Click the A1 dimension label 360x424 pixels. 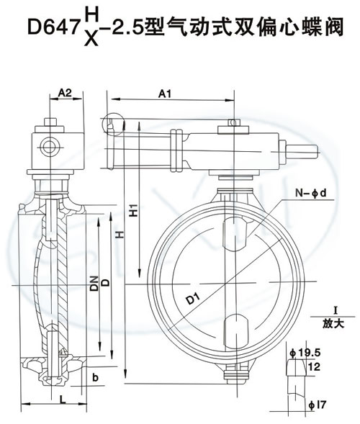[165, 94]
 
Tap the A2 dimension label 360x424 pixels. [65, 93]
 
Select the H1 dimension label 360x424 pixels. [133, 210]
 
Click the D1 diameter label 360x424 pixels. [194, 299]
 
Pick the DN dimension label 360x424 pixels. [94, 283]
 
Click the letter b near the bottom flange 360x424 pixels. [95, 377]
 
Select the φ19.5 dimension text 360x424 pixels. [305, 353]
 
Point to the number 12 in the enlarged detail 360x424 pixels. [314, 366]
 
